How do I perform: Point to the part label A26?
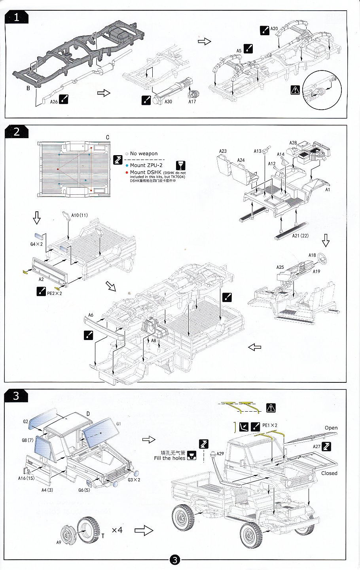pos(54,101)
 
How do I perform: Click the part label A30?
pos(168,101)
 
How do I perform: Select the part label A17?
pos(192,101)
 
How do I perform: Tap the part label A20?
pos(274,28)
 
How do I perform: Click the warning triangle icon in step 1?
pos(295,90)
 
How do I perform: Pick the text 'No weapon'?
pos(144,154)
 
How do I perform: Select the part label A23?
pos(223,151)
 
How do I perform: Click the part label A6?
pos(91,315)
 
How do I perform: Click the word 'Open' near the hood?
pos(331,427)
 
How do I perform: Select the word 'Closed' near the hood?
pos(329,473)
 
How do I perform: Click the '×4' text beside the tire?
pos(117,529)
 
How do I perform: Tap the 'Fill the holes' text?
pos(169,458)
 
